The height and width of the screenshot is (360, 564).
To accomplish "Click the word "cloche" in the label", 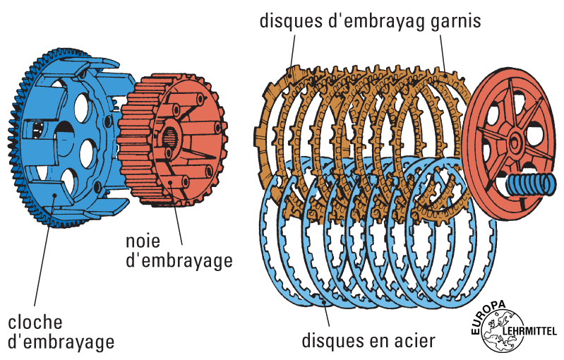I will point(36,323).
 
